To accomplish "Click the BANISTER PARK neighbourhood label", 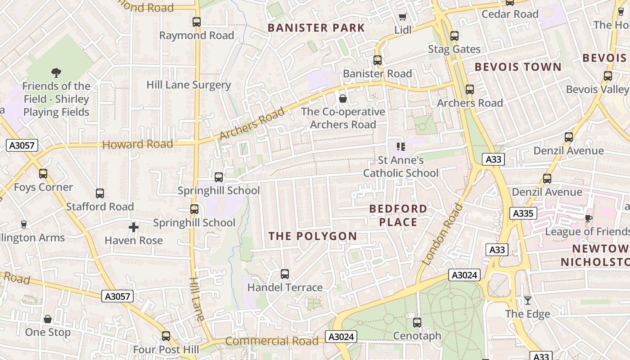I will pos(316,28).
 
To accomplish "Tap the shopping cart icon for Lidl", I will pos(403,17).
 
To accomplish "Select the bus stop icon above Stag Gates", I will pos(454,36).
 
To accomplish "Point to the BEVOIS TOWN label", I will pos(518,67).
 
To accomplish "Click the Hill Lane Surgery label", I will pos(189,85).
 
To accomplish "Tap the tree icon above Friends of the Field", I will pos(56,72).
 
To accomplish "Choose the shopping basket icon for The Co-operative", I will pos(343,99).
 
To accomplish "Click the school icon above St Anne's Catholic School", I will pos(401,146).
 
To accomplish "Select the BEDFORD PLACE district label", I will pos(398,215).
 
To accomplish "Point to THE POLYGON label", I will pos(313,236).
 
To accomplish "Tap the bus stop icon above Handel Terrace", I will pos(285,274).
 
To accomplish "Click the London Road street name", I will pos(442,234).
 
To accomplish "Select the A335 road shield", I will pos(523,213).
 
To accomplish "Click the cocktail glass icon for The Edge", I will pos(528,300).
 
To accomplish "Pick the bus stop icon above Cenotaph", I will pos(417,322).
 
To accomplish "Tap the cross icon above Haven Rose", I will pos(134,227).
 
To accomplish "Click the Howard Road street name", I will pos(138,144).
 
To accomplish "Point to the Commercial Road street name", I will pos(272,341).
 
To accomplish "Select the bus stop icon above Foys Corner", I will pos(43,173).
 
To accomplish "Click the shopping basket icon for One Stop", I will pos(48,319).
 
